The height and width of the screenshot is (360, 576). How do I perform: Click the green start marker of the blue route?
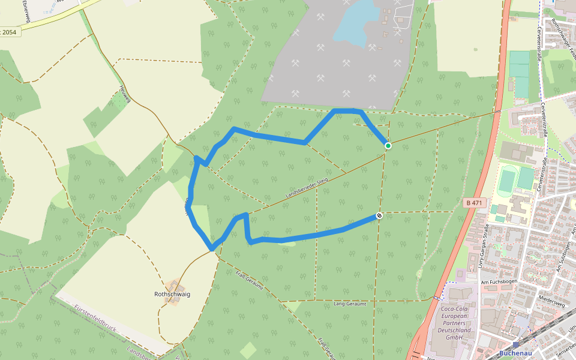pos(388,146)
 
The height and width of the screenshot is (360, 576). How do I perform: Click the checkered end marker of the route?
pos(379,215)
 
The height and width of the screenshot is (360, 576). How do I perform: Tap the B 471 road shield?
pos(473,203)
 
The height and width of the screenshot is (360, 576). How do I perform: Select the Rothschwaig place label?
pos(172,295)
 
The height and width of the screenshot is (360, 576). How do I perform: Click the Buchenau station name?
pos(515,354)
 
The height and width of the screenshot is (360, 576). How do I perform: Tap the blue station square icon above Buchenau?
pos(515,345)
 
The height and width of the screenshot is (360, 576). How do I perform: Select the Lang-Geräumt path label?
pos(349,304)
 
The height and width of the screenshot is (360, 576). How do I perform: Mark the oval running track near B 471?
pos(508,179)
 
